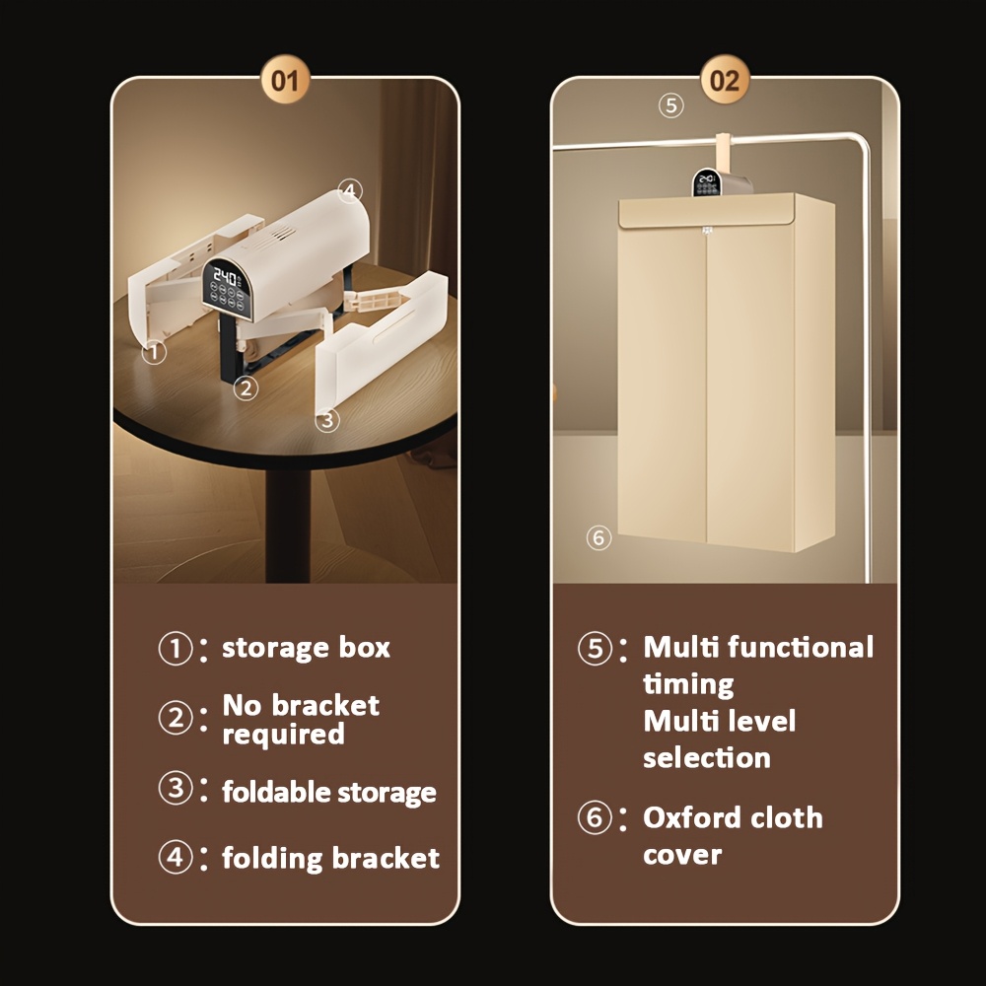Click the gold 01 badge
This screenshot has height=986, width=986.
point(285,80)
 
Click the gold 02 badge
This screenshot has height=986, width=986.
point(725,80)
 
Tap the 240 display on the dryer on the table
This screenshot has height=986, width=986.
point(225,276)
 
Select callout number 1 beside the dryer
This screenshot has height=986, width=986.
point(154,352)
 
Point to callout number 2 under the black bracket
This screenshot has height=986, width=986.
point(246,387)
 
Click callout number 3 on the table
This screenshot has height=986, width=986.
point(327,420)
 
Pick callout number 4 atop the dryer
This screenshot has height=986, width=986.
point(350,190)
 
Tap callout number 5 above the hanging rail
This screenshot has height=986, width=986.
point(670,106)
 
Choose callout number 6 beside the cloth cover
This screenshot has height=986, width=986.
point(599,537)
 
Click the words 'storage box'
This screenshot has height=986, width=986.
point(307,648)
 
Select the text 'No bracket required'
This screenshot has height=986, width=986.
point(301,720)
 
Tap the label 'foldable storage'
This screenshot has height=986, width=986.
point(329,793)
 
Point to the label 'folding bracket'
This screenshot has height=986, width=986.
point(330,859)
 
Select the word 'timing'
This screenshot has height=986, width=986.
point(688,684)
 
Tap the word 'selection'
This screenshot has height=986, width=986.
point(707,757)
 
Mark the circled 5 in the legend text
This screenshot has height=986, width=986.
point(595,649)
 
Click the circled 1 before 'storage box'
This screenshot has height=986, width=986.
point(176,649)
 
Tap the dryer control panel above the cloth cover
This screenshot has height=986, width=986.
point(707,181)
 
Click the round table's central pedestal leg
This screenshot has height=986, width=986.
point(287,525)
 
